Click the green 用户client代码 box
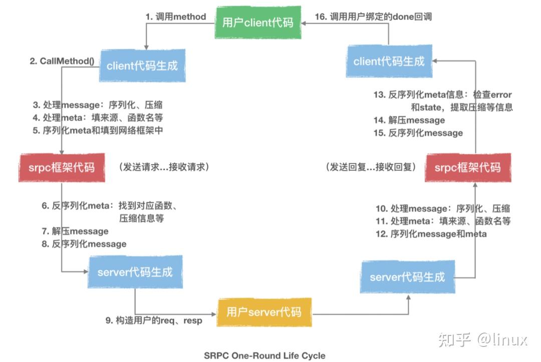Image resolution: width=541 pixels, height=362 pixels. coord(257,23)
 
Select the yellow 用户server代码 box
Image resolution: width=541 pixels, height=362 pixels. coord(264,312)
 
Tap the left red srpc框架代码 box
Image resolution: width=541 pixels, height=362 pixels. coord(62,167)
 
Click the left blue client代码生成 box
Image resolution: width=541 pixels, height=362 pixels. coord(142,66)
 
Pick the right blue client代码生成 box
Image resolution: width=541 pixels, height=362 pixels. coord(389,62)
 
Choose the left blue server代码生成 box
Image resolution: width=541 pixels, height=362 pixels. coord(135,272)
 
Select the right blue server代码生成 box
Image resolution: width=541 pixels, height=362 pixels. coord(407,277)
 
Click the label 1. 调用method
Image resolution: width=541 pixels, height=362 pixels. coord(176,17)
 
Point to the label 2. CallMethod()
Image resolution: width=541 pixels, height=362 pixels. coord(62,61)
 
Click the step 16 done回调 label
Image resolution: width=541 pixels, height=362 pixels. coord(373,17)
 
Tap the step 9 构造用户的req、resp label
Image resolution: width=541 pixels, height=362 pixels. coord(154,320)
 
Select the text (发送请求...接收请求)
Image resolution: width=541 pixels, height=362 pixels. coord(164,167)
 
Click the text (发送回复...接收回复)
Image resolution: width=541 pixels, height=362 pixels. coord(371,167)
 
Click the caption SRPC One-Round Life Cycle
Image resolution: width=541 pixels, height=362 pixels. coord(264,355)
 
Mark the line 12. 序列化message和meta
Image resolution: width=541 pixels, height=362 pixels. coord(431,234)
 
